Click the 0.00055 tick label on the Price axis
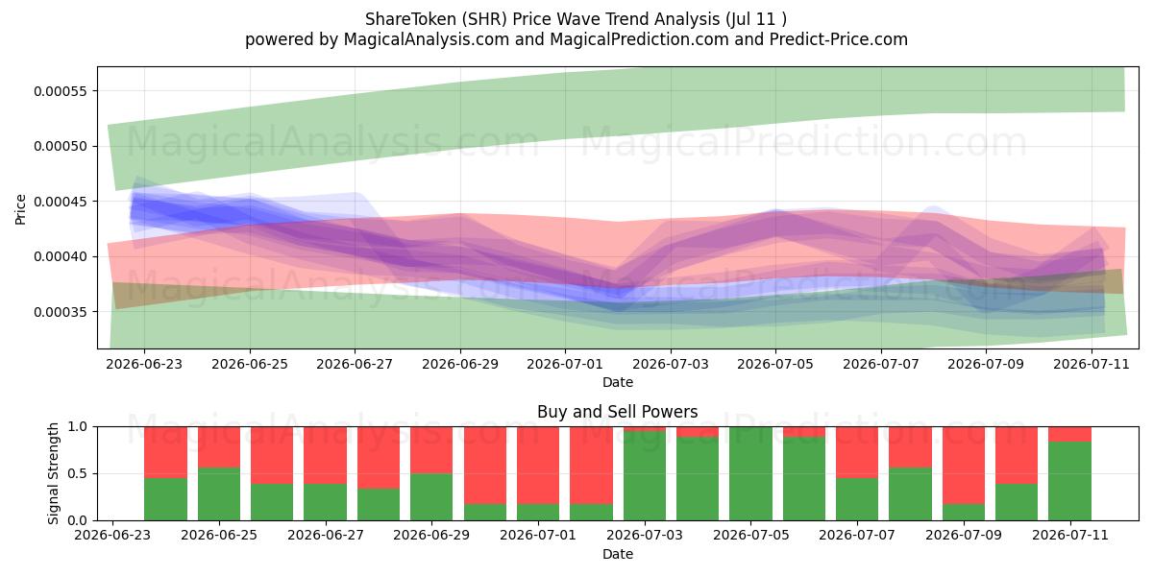(x=61, y=91)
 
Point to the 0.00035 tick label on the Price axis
(x=61, y=312)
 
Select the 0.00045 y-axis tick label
(x=61, y=202)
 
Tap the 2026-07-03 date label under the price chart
(x=671, y=364)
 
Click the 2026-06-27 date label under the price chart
(x=355, y=364)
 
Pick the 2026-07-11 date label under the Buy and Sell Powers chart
(x=1070, y=535)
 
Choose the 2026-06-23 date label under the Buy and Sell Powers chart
(x=112, y=535)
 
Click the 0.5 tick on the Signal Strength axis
(x=77, y=473)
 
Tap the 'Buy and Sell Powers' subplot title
(x=617, y=412)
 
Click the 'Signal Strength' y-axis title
(x=53, y=473)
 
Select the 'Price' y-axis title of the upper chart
(x=20, y=209)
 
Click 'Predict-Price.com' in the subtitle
(x=839, y=39)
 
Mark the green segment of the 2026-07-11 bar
(x=1069, y=481)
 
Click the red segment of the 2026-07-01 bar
(x=538, y=466)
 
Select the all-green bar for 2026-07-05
(x=750, y=473)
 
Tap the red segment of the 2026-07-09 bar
(x=964, y=466)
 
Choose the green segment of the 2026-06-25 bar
(x=219, y=493)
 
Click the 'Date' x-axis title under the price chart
(x=617, y=382)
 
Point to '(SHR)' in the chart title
(x=484, y=19)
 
